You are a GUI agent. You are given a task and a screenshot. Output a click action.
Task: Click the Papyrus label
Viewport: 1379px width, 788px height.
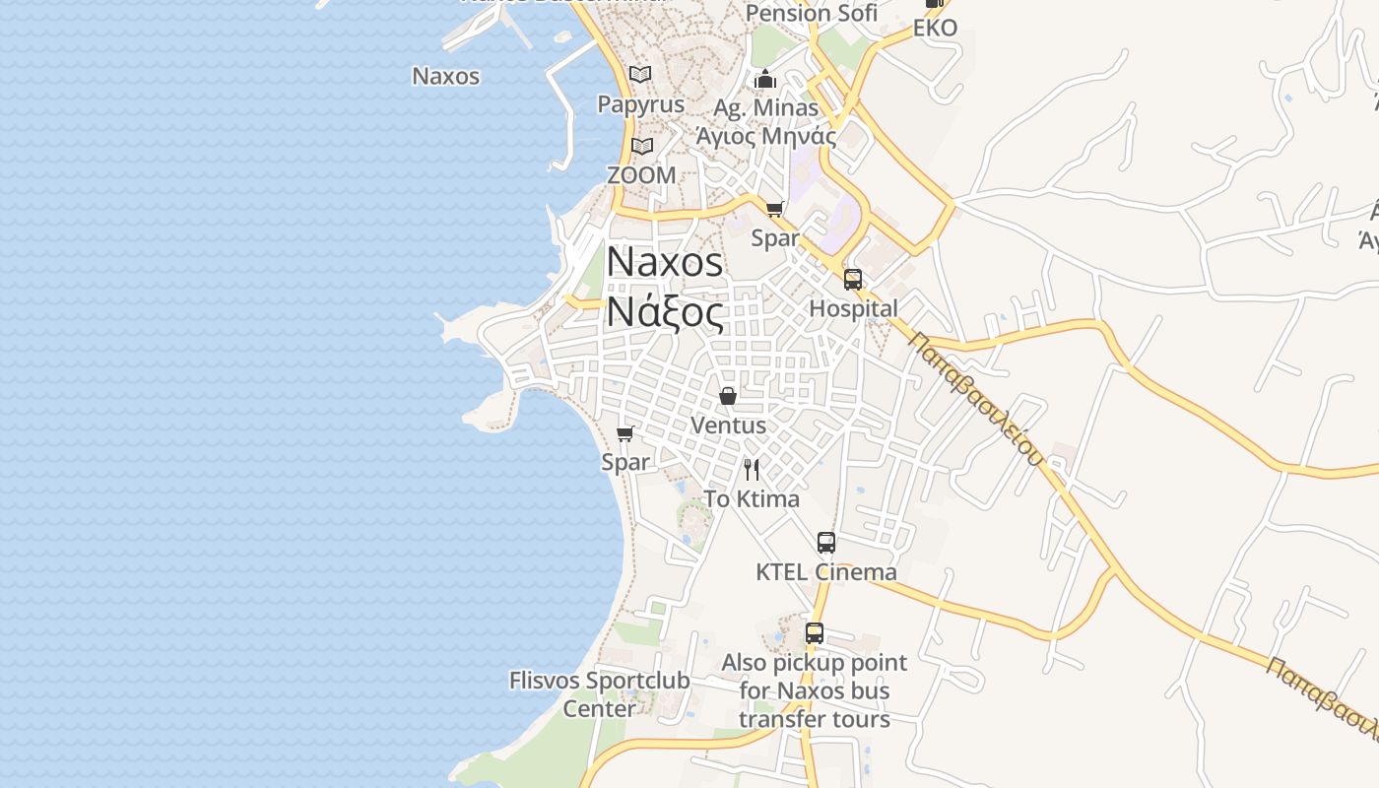[640, 103]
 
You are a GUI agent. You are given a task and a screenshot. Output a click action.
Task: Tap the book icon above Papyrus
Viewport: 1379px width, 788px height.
[640, 74]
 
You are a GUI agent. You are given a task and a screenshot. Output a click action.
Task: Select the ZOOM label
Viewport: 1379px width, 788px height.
[641, 175]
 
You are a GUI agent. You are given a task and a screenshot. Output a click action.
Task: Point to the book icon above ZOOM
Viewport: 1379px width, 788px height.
[642, 147]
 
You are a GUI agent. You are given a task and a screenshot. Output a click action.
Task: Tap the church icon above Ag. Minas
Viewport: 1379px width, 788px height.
[765, 79]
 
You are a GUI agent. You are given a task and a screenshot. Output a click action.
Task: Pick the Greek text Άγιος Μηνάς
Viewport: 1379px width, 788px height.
[765, 136]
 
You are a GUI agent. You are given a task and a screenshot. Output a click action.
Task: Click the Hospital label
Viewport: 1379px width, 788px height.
[853, 308]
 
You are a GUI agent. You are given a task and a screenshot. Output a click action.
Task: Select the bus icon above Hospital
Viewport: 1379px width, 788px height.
[853, 279]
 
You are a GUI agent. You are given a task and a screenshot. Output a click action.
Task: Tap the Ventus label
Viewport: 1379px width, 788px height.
[728, 425]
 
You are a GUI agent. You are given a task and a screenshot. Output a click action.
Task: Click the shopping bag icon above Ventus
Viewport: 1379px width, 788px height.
[728, 396]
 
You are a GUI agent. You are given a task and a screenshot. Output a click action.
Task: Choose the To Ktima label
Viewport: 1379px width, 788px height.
[752, 498]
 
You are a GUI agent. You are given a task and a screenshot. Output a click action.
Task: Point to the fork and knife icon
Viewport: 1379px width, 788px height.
[752, 469]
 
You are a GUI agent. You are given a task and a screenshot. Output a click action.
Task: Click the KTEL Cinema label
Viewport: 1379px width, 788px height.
[825, 571]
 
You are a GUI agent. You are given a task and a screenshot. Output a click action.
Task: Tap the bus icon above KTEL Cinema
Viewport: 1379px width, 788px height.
[825, 542]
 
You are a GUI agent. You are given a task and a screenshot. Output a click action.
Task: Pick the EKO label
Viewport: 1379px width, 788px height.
[935, 28]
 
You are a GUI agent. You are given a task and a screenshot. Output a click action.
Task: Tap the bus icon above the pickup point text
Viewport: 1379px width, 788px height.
[814, 633]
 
